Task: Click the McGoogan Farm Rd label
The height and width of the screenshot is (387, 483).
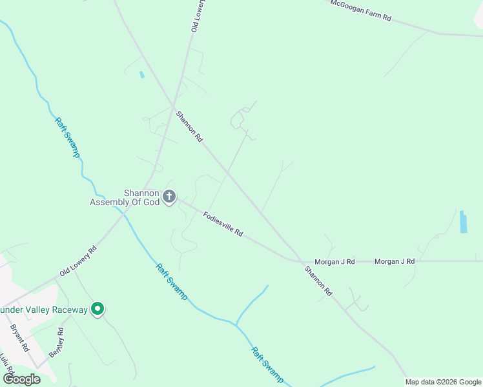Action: click(361, 10)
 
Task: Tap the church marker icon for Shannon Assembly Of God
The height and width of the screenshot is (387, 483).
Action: click(169, 197)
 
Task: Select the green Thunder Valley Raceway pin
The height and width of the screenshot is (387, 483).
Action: click(98, 310)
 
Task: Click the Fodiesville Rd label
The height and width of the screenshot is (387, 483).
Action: click(223, 224)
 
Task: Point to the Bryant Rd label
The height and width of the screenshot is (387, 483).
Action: click(19, 337)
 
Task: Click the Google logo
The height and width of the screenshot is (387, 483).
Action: click(22, 379)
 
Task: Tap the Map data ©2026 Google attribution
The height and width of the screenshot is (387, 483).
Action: click(443, 382)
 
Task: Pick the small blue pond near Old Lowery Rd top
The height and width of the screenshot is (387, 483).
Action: click(141, 74)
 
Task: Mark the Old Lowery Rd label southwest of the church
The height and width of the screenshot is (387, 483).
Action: click(78, 261)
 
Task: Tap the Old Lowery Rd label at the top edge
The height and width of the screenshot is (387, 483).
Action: click(197, 16)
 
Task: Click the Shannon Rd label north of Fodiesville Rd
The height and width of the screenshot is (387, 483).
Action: click(190, 126)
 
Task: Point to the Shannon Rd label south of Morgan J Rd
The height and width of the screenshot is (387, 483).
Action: click(318, 281)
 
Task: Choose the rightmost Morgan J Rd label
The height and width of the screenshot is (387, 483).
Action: click(395, 262)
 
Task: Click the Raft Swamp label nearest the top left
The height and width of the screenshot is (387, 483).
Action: click(67, 137)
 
